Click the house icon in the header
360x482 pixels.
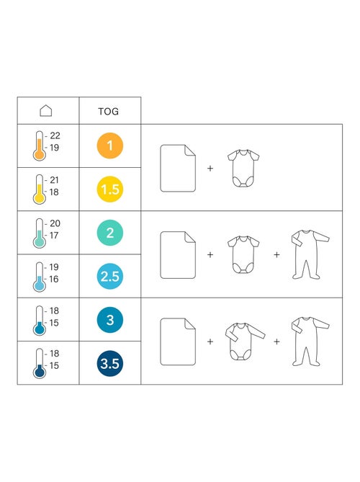pyautogui.click(x=46, y=111)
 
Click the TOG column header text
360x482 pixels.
pyautogui.click(x=109, y=111)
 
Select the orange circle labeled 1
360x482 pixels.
pyautogui.click(x=110, y=146)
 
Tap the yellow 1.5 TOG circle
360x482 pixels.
pyautogui.click(x=110, y=189)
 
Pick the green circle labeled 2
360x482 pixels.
pyautogui.click(x=110, y=233)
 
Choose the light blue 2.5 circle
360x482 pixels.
pyautogui.click(x=110, y=276)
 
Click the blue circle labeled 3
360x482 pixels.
pyautogui.click(x=110, y=320)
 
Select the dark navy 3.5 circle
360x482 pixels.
pyautogui.click(x=110, y=363)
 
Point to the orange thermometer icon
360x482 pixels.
pyautogui.click(x=40, y=146)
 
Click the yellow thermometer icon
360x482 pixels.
pyautogui.click(x=40, y=189)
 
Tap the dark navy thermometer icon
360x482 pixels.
pyautogui.click(x=40, y=363)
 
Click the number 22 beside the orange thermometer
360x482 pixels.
pyautogui.click(x=55, y=135)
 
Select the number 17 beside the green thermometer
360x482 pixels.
pyautogui.click(x=54, y=236)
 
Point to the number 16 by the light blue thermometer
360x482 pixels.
pyautogui.click(x=54, y=279)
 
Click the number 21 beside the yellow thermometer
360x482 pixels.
pyautogui.click(x=55, y=180)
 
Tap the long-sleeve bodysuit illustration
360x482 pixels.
pyautogui.click(x=245, y=342)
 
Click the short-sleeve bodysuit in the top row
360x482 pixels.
pyautogui.click(x=243, y=168)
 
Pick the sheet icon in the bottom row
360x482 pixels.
pyautogui.click(x=178, y=342)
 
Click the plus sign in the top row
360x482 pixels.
pyautogui.click(x=210, y=168)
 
